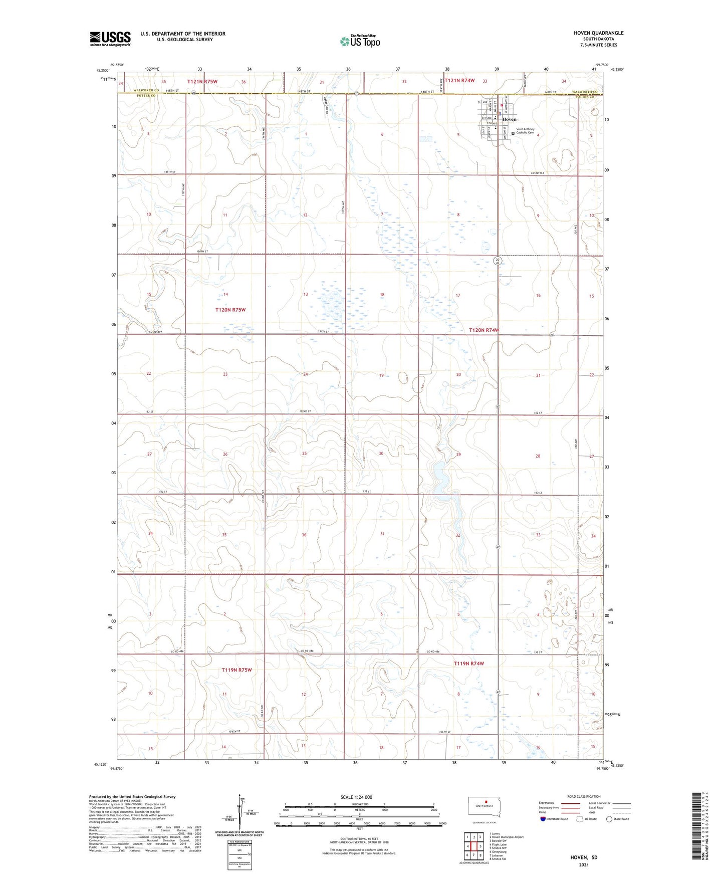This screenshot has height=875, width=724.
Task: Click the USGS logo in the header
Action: [x=110, y=39]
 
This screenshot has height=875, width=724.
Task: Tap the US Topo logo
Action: [x=360, y=41]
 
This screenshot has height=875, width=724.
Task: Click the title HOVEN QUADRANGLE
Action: [x=599, y=33]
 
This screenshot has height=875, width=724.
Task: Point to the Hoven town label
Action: [x=510, y=119]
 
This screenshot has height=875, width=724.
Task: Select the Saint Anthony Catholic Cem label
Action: [x=525, y=131]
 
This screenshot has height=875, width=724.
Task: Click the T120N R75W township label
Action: [x=230, y=310]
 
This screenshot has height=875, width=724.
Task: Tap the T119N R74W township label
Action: [x=469, y=664]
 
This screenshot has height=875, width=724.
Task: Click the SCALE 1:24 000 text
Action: [x=356, y=797]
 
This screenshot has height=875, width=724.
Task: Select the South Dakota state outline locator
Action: [x=484, y=807]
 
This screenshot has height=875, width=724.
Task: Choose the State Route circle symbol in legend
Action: [x=609, y=819]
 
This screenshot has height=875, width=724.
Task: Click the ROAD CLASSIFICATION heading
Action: [x=584, y=796]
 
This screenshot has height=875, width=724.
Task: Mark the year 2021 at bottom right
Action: [x=584, y=864]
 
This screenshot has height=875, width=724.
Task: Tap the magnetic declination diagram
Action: [x=240, y=814]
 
